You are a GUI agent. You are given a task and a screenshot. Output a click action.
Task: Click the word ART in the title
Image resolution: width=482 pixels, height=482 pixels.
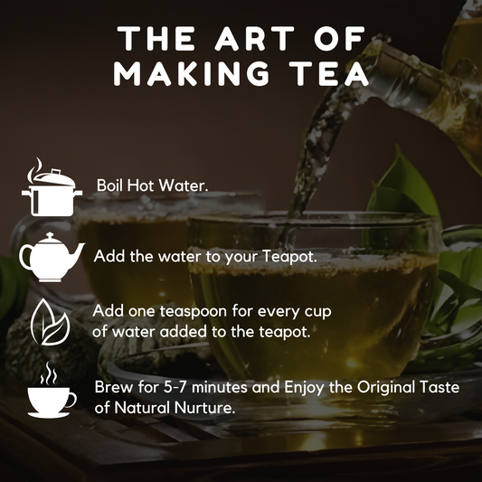[254, 38]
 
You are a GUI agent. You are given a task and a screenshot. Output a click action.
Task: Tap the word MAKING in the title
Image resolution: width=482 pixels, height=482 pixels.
[191, 74]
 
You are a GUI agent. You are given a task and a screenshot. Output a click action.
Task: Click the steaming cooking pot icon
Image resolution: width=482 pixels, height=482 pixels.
[52, 187]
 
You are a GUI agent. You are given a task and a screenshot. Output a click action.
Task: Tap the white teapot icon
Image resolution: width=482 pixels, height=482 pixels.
[52, 257]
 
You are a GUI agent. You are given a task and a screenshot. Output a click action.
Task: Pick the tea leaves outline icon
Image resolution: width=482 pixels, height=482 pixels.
[50, 322]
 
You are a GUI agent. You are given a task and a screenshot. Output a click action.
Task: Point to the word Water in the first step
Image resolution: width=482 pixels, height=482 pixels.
[183, 185]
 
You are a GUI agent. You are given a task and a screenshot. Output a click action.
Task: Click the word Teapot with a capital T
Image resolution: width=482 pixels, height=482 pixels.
[289, 257]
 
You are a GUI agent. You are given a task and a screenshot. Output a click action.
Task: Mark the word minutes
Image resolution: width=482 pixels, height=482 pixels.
[220, 387]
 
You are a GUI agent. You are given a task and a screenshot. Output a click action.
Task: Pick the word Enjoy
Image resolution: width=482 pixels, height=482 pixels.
[304, 388]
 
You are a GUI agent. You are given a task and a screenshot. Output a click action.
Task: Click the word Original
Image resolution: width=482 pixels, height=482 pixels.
[386, 388]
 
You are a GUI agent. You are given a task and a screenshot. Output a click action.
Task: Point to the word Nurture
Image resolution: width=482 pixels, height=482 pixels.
[203, 408]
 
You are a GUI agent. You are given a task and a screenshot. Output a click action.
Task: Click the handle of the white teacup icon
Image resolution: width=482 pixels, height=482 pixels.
[72, 400]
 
